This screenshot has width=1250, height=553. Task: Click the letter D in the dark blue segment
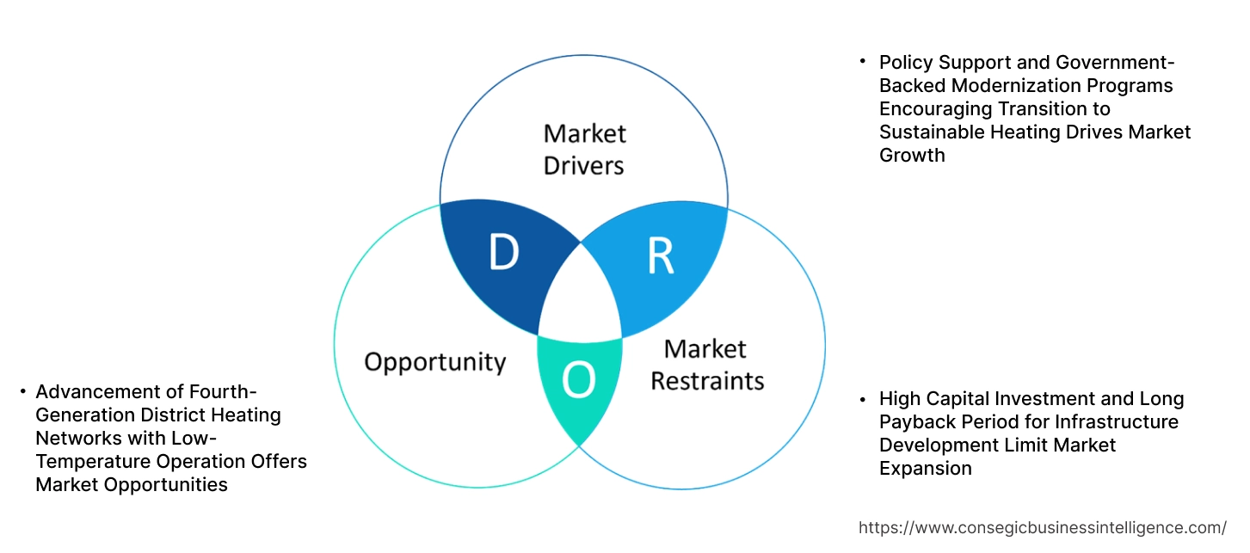click(x=504, y=253)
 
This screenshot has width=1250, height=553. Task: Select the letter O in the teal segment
click(x=578, y=381)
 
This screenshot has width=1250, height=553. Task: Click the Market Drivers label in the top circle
click(x=584, y=149)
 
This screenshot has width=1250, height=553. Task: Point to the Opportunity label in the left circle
click(x=434, y=361)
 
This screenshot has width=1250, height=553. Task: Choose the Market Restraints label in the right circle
click(x=706, y=365)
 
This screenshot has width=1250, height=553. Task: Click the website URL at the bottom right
click(x=1043, y=528)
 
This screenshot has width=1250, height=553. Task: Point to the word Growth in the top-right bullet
click(x=911, y=156)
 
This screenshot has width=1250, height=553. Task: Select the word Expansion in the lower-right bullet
click(x=925, y=469)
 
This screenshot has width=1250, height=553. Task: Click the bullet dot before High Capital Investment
click(x=863, y=399)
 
